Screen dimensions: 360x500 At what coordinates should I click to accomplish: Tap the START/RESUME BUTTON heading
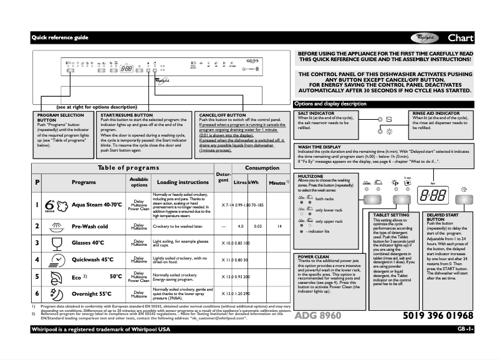pos(127,115)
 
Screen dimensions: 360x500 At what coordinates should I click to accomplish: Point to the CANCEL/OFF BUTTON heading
pos(223,115)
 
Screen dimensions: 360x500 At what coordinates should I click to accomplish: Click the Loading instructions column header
pos(183,182)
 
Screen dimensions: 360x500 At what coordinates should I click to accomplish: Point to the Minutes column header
pos(276,182)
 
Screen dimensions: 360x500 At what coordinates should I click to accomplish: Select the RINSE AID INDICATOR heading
pos(436,114)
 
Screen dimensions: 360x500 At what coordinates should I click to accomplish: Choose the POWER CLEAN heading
pos(314,256)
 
